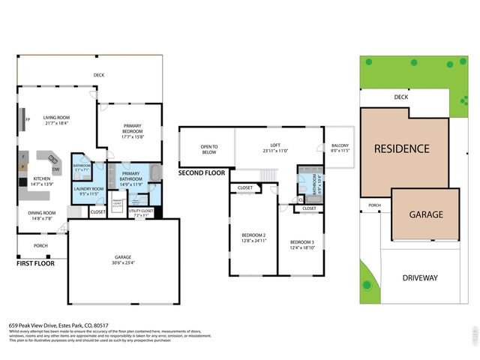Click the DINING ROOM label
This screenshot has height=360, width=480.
(42, 213)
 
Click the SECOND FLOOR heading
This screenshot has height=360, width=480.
(202, 172)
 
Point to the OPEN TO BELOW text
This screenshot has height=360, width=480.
(208, 148)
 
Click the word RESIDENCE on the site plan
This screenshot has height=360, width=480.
(401, 148)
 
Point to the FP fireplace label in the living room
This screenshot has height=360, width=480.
(28, 119)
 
